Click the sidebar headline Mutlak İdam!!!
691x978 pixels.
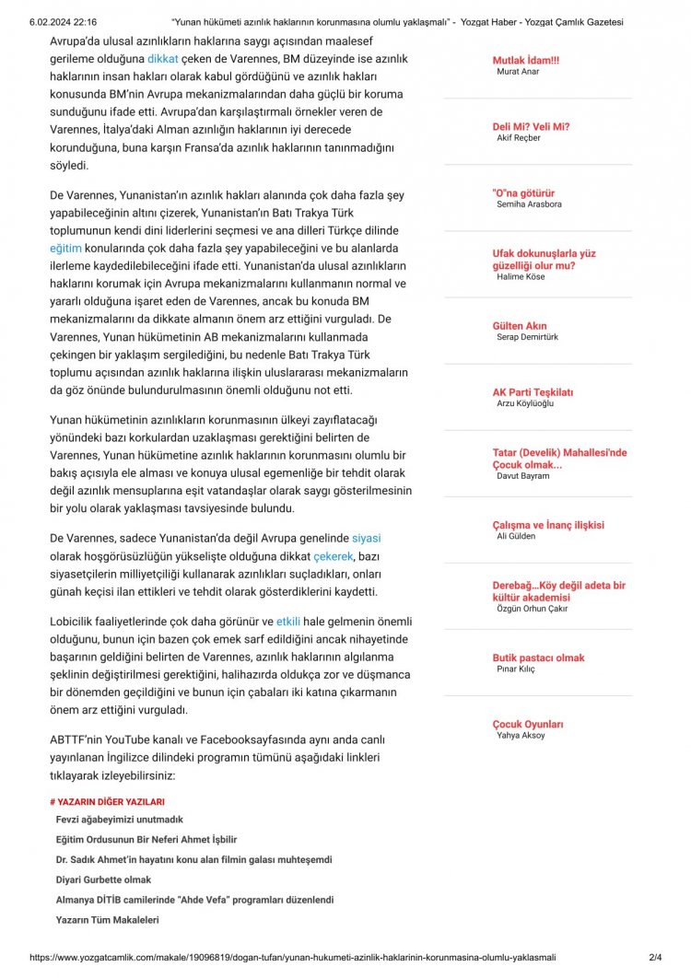(x=525, y=60)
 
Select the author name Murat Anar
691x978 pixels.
(x=518, y=71)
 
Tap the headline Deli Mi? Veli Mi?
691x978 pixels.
(x=531, y=126)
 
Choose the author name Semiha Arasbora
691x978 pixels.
(x=528, y=204)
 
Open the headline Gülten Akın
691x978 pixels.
(x=520, y=326)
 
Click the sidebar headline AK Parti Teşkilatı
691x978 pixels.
(x=533, y=392)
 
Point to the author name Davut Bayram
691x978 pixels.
(x=522, y=476)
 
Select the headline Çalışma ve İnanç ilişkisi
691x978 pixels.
(x=548, y=525)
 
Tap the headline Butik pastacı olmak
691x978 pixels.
(x=538, y=658)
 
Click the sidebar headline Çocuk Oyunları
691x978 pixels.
(x=528, y=725)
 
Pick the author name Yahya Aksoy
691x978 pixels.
(x=521, y=736)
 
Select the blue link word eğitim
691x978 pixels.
(x=65, y=249)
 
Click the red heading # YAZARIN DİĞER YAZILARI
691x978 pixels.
(x=107, y=802)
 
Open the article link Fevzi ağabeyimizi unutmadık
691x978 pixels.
(x=119, y=820)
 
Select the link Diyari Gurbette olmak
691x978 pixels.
(x=103, y=879)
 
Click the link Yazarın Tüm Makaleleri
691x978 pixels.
(x=108, y=919)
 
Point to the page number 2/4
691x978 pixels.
(x=655, y=958)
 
